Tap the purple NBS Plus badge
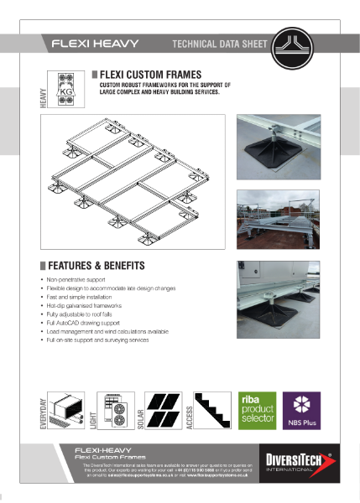click(300, 411)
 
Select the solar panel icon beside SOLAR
click(164, 411)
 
